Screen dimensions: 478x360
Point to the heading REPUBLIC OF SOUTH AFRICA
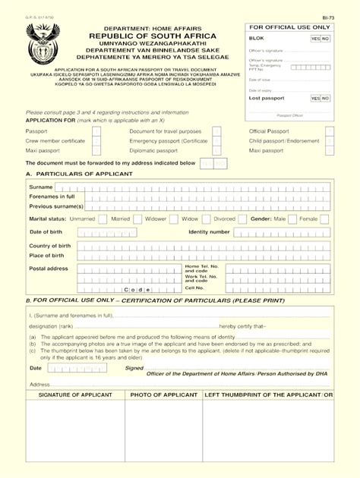tap(152, 36)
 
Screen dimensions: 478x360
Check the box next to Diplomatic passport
tap(216, 151)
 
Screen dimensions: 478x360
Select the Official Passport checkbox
tap(329, 131)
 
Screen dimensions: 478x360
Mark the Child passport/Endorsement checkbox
tap(329, 141)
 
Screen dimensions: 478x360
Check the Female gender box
tap(324, 219)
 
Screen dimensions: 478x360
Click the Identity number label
tap(209, 232)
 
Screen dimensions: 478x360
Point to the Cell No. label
tap(194, 288)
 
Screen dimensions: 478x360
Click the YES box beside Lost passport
tap(314, 98)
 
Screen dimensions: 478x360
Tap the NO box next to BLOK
tap(325, 38)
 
